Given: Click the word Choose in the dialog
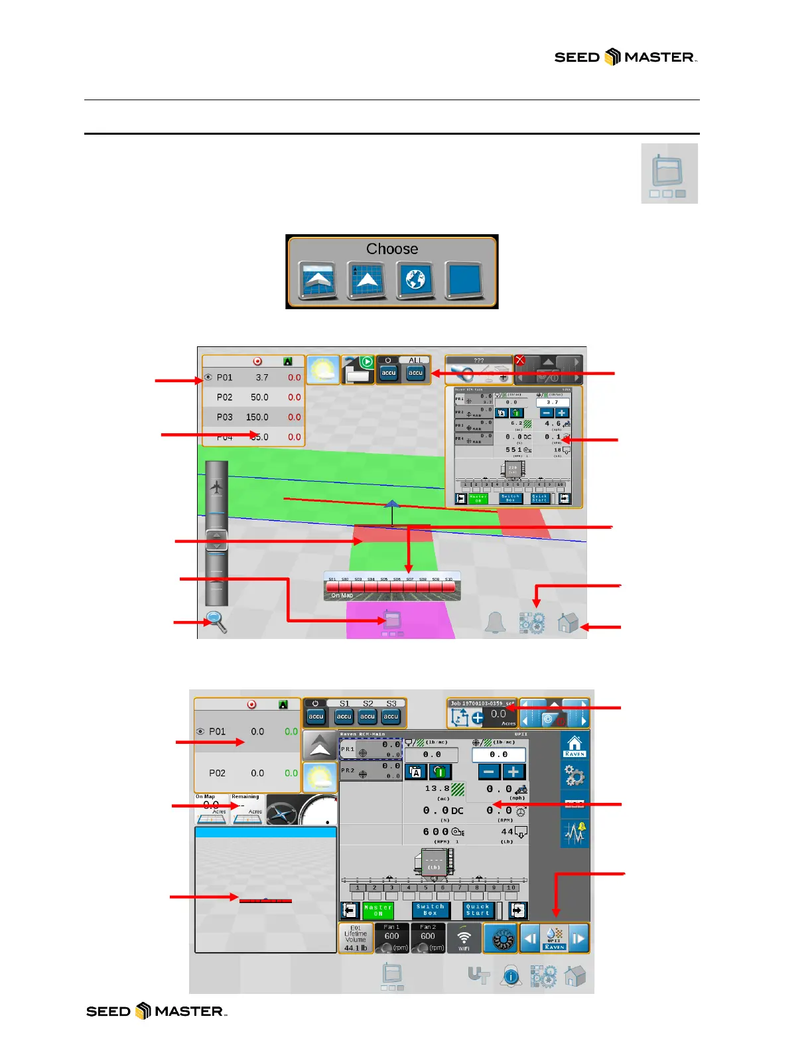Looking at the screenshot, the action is pyautogui.click(x=392, y=249).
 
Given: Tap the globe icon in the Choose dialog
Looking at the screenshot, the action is pyautogui.click(x=415, y=279).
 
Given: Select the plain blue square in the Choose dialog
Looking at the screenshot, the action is pyautogui.click(x=464, y=279).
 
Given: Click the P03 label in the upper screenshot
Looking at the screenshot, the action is pyautogui.click(x=225, y=417).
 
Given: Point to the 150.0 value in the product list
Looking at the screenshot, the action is pyautogui.click(x=257, y=417).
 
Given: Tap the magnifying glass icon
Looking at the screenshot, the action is pyautogui.click(x=216, y=621).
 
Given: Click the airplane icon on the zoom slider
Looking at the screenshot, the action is pyautogui.click(x=216, y=488).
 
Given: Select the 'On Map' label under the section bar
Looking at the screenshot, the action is pyautogui.click(x=342, y=596).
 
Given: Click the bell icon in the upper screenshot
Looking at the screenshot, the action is pyautogui.click(x=495, y=622).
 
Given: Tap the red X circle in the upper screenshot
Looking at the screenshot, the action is pyautogui.click(x=520, y=360).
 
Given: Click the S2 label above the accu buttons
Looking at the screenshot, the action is pyautogui.click(x=368, y=703).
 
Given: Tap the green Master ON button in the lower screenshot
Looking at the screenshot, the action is pyautogui.click(x=378, y=910).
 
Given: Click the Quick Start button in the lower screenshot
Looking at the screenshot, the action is pyautogui.click(x=478, y=910).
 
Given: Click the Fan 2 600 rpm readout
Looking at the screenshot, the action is pyautogui.click(x=428, y=938).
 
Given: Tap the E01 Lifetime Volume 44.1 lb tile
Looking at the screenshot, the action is pyautogui.click(x=356, y=938).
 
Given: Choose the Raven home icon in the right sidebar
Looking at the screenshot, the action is pyautogui.click(x=575, y=746).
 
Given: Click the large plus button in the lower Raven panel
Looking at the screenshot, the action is pyautogui.click(x=513, y=772).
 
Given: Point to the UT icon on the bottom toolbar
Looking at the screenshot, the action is pyautogui.click(x=478, y=975).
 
